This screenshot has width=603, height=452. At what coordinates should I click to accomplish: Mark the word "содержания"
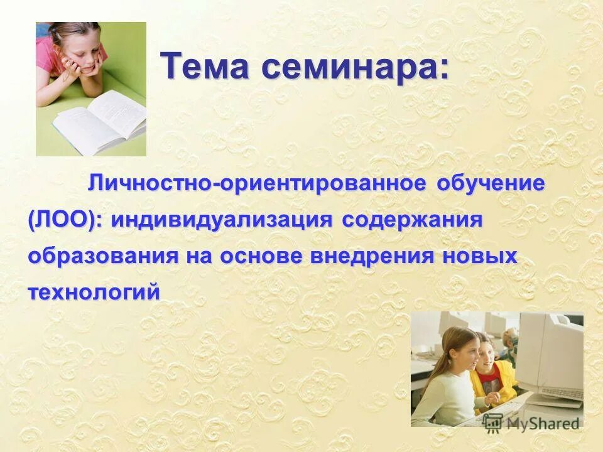[412, 221]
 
